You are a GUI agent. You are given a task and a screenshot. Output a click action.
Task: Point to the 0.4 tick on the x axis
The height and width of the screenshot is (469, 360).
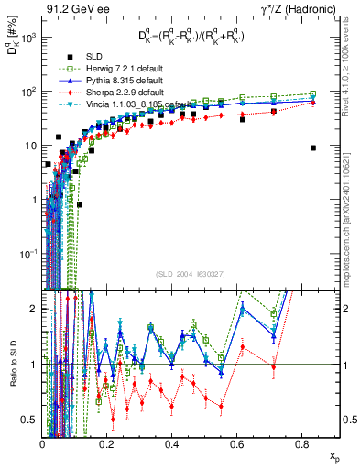pyautogui.click(x=172, y=442)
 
